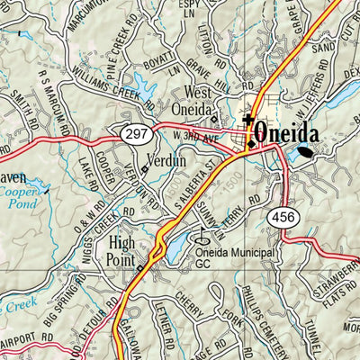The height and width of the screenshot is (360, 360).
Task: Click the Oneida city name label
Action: pyautogui.click(x=287, y=133)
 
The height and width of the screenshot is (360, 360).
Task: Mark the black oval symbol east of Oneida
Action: pyautogui.click(x=308, y=151)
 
